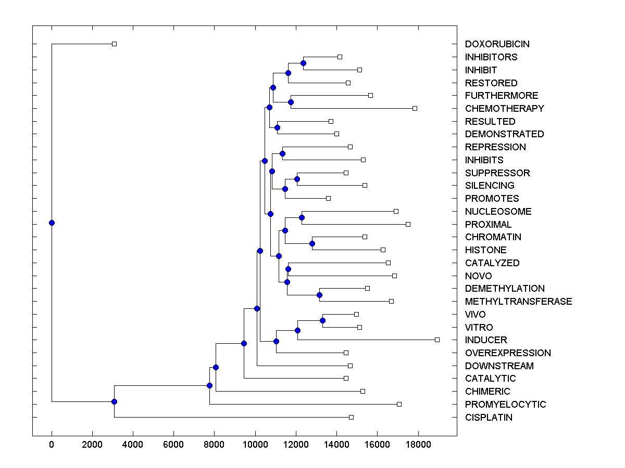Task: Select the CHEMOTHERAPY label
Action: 504,109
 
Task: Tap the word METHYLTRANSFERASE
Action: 518,302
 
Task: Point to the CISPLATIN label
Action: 489,418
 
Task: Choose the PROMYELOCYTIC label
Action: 505,405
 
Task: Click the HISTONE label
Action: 485,250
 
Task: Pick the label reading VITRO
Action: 479,328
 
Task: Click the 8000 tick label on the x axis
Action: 214,444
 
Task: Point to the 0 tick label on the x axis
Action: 52,444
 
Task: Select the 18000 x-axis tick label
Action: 418,444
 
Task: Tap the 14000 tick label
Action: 336,444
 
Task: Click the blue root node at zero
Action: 52,223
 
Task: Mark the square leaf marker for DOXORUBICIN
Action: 115,44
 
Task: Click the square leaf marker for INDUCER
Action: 437,340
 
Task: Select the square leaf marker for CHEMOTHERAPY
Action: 415,108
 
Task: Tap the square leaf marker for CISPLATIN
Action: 351,417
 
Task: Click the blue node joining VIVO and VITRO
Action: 322,320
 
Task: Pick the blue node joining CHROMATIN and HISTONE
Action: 312,243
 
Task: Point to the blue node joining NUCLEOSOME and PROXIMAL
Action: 302,217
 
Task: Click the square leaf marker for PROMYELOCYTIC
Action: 399,404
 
